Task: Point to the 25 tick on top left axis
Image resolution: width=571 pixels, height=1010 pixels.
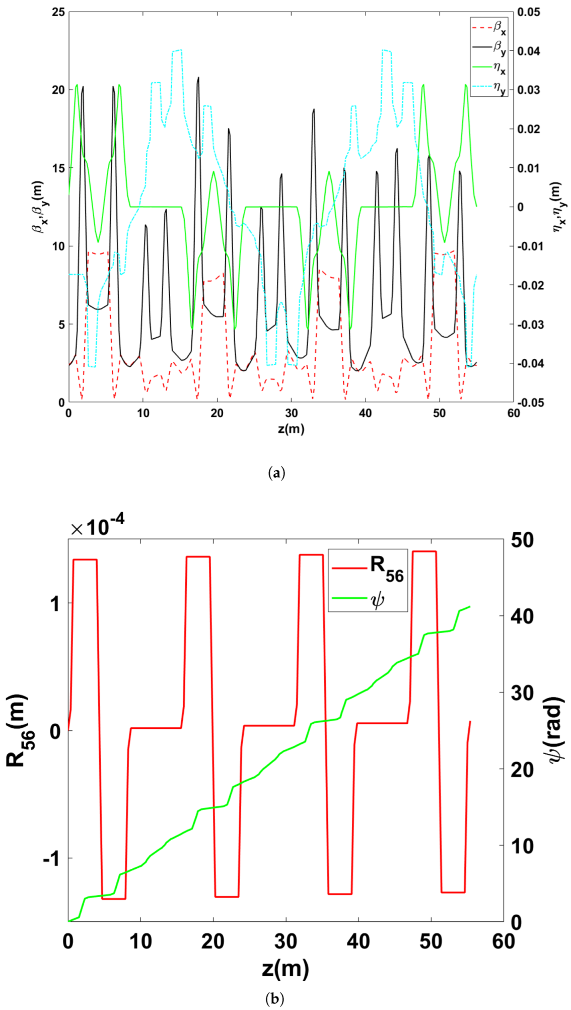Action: pos(59,12)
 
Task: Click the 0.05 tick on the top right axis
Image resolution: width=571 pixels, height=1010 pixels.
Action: pos(528,12)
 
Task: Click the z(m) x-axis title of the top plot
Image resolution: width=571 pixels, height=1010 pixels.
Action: pos(291,429)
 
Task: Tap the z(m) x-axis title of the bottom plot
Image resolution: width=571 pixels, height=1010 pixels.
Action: pos(285,969)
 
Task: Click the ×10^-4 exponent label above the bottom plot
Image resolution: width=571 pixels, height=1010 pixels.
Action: pos(97,527)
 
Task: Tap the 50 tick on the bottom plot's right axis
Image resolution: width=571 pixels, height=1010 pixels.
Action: pos(521,540)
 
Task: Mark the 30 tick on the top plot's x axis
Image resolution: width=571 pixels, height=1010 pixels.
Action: pos(291,413)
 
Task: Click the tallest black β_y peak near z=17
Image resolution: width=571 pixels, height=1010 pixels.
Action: pos(198,78)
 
